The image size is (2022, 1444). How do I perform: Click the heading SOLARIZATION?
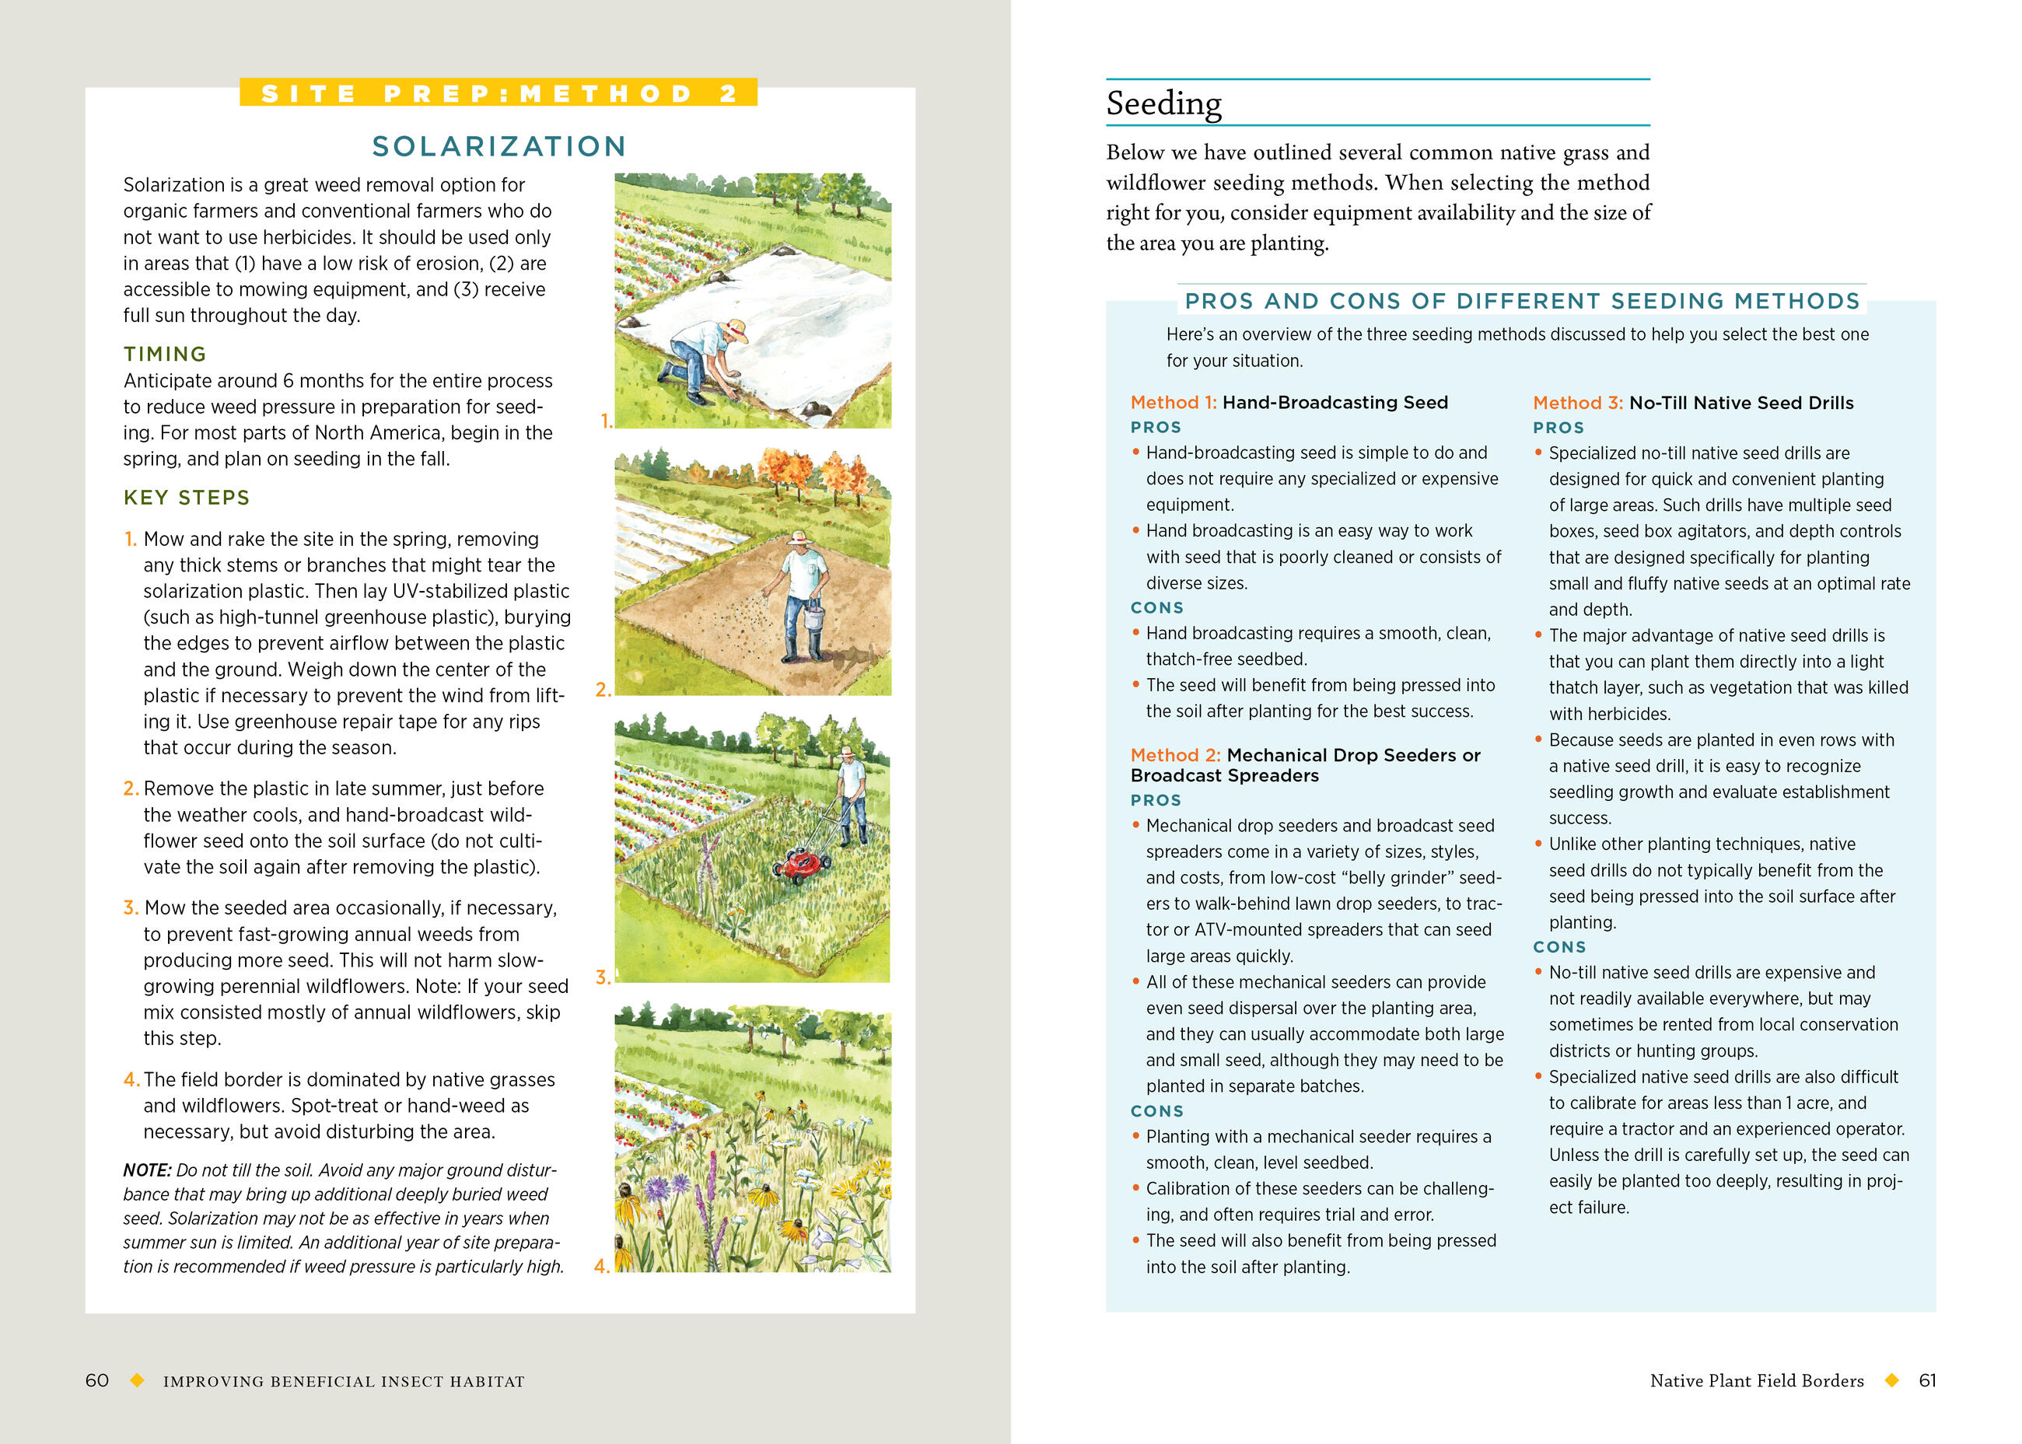[499, 146]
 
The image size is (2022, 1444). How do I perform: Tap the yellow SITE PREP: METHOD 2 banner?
[498, 93]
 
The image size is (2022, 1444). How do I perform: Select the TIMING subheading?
[165, 354]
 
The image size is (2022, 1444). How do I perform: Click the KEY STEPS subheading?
[187, 497]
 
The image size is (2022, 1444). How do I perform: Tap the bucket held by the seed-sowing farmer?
[813, 615]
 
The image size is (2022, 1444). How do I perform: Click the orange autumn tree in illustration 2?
[786, 470]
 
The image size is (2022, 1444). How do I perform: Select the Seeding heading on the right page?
[1163, 103]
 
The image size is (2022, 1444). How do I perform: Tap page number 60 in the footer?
[97, 1380]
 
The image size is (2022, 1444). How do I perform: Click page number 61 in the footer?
[1927, 1380]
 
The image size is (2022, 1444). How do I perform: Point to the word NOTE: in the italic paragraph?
[147, 1170]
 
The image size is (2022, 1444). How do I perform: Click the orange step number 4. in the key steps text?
[131, 1079]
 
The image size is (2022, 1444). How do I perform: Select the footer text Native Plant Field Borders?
[1756, 1380]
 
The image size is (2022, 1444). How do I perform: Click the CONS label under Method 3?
[1558, 947]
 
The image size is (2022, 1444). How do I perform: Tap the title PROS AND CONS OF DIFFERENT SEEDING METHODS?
[1521, 300]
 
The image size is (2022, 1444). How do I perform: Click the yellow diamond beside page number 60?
[137, 1380]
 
